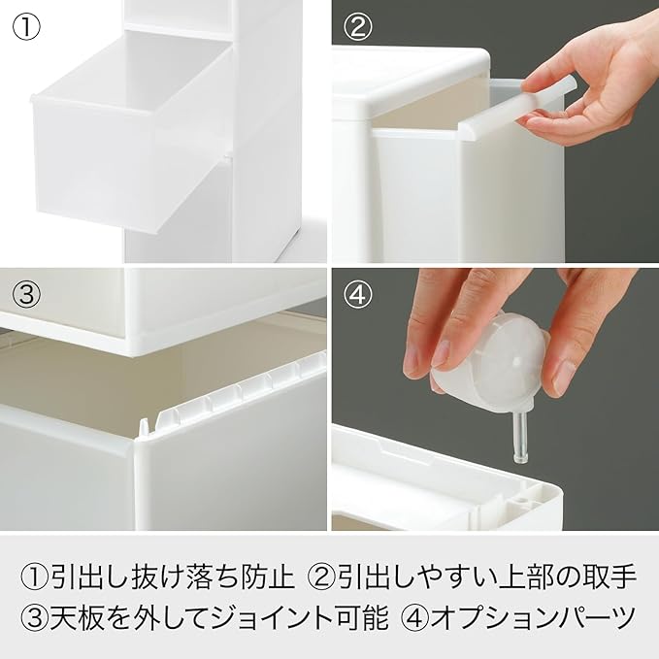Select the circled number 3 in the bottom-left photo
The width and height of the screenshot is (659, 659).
pyautogui.click(x=26, y=293)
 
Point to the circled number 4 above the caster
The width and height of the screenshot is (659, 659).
pyautogui.click(x=358, y=294)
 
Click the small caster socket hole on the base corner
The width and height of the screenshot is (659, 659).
pyautogui.click(x=521, y=501)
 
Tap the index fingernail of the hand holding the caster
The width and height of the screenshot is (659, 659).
pyautogui.click(x=440, y=354)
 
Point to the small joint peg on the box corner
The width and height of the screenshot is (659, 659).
pyautogui.click(x=145, y=427)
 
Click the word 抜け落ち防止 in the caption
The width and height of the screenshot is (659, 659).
pyautogui.click(x=214, y=577)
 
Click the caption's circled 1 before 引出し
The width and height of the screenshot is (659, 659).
pyautogui.click(x=35, y=577)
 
